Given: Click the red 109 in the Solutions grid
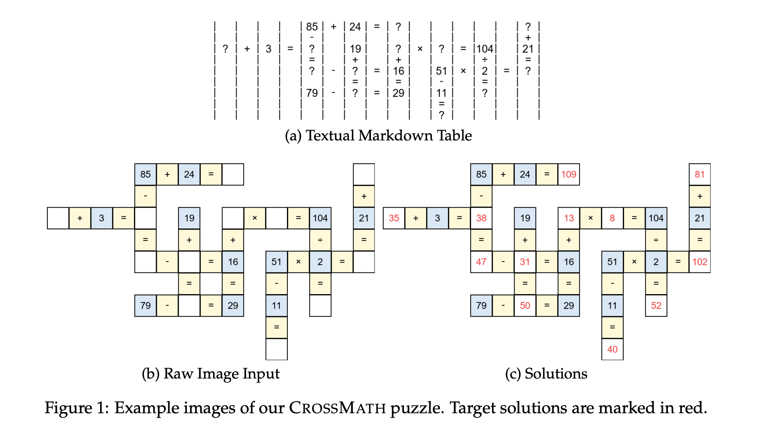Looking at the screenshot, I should point(569,174).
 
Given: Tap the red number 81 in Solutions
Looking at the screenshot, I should point(700,174).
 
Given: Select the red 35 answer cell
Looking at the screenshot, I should point(394,218).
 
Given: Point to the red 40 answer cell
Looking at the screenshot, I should point(612,349).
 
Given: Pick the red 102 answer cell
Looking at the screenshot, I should point(700,262).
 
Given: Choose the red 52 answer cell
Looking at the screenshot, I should point(656,305).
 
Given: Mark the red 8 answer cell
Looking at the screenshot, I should point(612,218).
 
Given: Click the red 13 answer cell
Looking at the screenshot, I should point(569,218).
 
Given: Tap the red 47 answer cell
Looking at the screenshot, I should point(481,262).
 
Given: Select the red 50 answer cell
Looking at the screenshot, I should point(525,305).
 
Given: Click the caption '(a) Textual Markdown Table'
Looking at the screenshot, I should point(378,135).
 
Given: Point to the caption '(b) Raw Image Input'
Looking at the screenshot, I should point(211,374).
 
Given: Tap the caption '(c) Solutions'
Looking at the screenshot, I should point(546,374).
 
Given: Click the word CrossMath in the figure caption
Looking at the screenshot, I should point(337,408).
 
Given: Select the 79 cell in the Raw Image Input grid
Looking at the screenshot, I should point(145,305).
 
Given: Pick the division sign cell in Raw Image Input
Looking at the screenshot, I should point(320,240).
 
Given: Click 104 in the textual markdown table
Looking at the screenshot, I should point(485,49).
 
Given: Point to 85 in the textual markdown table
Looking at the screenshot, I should point(312,27).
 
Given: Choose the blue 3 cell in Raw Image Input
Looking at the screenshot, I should point(102,218).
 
